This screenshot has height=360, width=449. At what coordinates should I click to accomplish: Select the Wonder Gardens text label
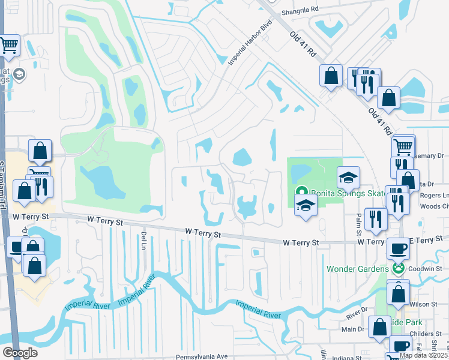click(x=358, y=268)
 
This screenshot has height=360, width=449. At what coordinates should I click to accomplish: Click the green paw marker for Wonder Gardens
click(x=397, y=268)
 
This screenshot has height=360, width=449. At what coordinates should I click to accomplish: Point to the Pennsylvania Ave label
click(x=197, y=356)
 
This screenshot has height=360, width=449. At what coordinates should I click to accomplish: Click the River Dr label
click(x=357, y=310)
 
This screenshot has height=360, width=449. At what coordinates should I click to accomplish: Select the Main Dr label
click(x=353, y=329)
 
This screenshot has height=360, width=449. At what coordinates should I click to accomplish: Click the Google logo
click(x=20, y=353)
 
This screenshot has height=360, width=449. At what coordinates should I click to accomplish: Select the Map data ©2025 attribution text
click(x=423, y=355)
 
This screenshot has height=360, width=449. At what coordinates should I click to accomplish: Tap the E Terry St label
click(x=425, y=240)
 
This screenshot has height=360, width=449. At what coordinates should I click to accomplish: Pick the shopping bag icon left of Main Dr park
click(x=379, y=328)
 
